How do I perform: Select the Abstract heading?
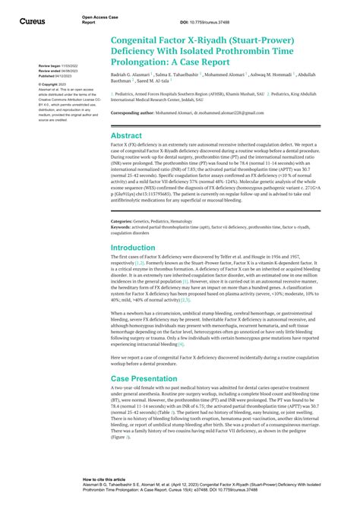pos(127,136)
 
